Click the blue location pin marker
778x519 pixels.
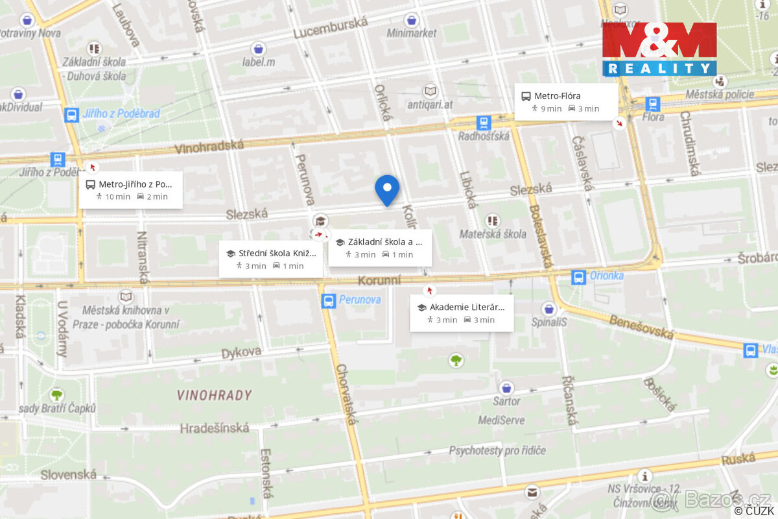pos(387,189)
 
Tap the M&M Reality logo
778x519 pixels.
pos(659,49)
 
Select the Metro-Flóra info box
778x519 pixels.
pos(566,102)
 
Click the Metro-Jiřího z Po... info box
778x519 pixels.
pos(131,190)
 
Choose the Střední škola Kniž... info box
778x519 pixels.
pos(270,259)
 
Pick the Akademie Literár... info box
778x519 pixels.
pos(462,313)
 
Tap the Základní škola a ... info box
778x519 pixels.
pos(380,248)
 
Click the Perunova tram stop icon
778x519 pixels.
pos(329,300)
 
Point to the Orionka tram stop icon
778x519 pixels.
pos(578,277)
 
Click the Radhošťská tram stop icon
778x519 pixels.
pos(483,123)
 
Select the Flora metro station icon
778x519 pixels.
pos(653,104)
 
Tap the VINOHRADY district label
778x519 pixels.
pos(214,395)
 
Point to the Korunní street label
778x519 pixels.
pos(379,280)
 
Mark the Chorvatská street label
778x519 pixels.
pos(346,394)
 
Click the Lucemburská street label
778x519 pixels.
pos(330,27)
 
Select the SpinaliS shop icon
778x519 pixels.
pos(550,309)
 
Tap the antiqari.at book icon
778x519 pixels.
pos(430,91)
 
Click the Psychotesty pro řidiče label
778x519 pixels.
pos(497,450)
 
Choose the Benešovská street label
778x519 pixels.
pos(642,326)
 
